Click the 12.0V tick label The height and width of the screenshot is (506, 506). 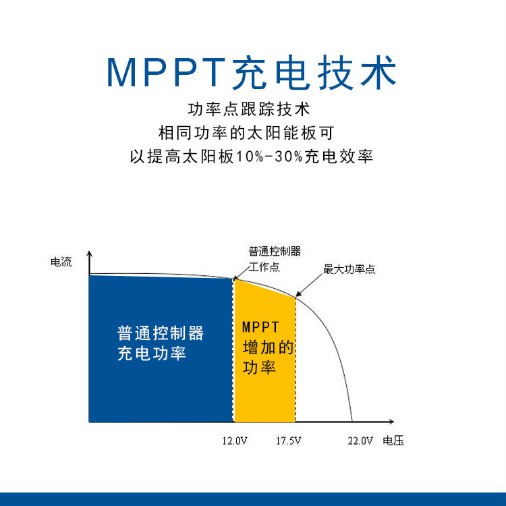click(x=235, y=441)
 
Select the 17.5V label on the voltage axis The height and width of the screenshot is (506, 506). click(x=289, y=441)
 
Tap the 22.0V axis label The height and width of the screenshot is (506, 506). click(x=360, y=441)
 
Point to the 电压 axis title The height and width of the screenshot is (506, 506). click(x=393, y=441)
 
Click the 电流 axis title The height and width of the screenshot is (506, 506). click(x=61, y=262)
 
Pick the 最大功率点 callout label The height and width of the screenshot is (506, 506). click(x=349, y=269)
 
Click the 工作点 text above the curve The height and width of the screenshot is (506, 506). click(x=264, y=267)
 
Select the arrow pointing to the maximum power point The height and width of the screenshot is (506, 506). click(x=309, y=285)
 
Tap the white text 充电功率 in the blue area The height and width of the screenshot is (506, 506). click(x=152, y=354)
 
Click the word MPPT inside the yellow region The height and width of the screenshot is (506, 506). click(x=260, y=327)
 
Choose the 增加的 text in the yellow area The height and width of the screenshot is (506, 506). click(x=268, y=347)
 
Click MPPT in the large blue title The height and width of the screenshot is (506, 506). click(x=166, y=72)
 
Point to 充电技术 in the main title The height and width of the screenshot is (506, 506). click(x=314, y=72)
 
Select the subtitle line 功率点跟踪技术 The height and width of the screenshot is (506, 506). click(x=249, y=109)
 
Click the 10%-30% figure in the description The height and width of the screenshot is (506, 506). click(x=269, y=157)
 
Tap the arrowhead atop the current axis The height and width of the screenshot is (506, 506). click(x=89, y=254)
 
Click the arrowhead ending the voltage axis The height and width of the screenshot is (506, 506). click(x=391, y=422)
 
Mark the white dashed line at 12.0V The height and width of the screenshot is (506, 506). click(x=233, y=350)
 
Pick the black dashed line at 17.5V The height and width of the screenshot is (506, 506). click(x=296, y=360)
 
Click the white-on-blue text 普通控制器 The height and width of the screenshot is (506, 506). click(x=161, y=333)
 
